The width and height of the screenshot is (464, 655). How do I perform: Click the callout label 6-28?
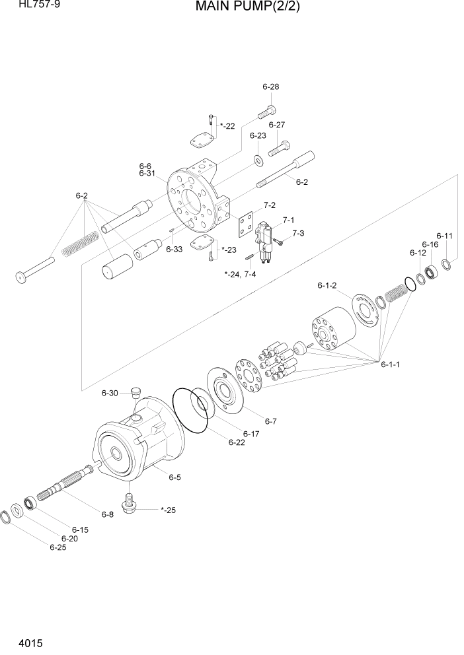(x=270, y=86)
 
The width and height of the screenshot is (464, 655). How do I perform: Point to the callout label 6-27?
(x=276, y=124)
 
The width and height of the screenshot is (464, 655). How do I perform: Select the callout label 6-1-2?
(x=327, y=285)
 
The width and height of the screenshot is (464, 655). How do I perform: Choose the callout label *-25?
(x=169, y=510)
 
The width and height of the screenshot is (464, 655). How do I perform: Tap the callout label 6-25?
(x=58, y=547)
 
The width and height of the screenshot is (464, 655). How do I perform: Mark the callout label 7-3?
(x=297, y=233)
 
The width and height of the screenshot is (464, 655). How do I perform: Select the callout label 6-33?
(x=174, y=249)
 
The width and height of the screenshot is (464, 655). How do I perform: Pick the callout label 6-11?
(x=444, y=236)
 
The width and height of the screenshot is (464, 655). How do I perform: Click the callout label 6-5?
(x=174, y=477)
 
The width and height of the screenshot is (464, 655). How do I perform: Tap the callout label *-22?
(x=227, y=125)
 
